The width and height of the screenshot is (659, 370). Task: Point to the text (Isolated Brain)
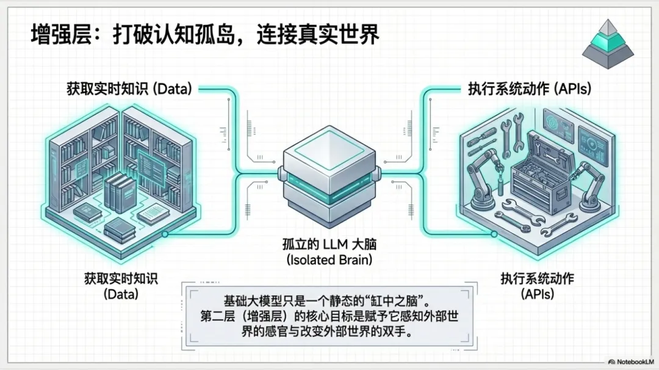330,259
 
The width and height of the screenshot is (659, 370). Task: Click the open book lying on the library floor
153,214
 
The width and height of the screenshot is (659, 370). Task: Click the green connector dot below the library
165,233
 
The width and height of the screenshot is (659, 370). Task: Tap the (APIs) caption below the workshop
537,294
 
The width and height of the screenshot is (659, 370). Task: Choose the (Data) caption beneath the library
121,294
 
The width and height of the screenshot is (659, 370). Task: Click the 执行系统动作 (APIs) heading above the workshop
529,89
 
